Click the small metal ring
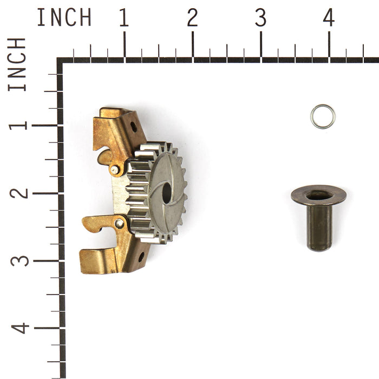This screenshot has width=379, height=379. point(323,116)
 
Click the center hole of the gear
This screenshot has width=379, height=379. point(166,193)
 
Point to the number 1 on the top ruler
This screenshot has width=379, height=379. point(124,18)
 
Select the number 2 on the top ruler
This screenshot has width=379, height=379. point(192,18)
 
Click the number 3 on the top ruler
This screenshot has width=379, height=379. point(260,18)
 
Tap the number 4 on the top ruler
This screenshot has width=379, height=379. point(329,18)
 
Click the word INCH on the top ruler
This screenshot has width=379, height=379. point(64,18)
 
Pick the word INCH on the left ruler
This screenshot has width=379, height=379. point(17,64)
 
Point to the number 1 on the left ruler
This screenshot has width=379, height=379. point(17,125)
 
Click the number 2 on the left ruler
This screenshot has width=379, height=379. point(17,193)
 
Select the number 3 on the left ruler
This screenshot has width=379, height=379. point(17,260)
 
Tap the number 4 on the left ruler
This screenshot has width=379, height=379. point(17,328)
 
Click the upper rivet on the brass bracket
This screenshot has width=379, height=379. point(115,169)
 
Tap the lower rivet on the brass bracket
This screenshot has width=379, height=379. point(119,223)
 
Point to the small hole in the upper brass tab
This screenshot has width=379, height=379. point(133,127)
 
